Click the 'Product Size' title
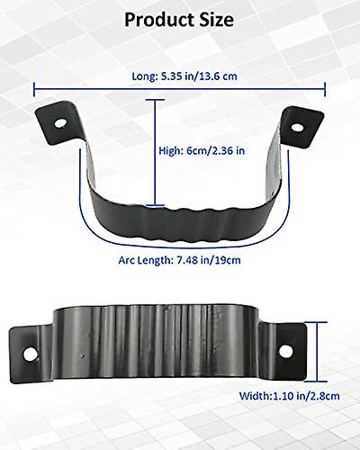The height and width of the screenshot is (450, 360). click(180, 19)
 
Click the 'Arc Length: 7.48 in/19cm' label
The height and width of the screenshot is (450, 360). click(180, 260)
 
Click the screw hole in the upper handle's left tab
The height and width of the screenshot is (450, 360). click(60, 120)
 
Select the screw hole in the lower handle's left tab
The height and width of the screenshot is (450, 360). click(30, 353)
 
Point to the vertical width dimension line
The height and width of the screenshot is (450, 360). click(319, 354)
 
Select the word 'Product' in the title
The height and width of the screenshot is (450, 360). click(154, 19)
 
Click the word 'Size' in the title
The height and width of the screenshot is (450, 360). click(217, 19)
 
